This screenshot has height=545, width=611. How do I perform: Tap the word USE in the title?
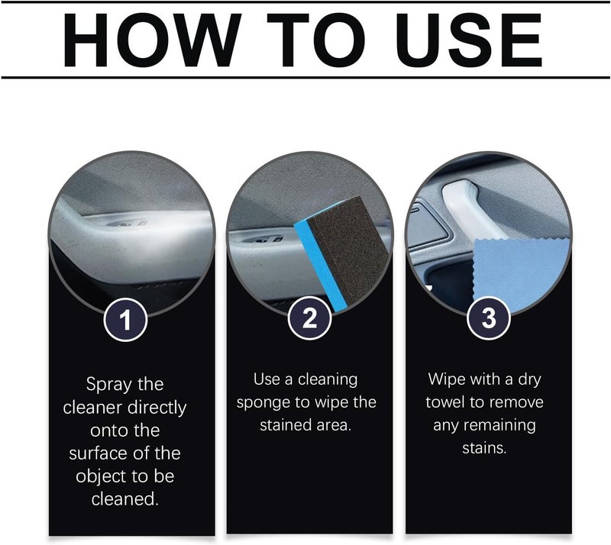(468, 40)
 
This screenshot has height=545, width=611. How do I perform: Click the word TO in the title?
(316, 40)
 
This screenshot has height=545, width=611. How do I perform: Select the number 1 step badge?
(125, 320)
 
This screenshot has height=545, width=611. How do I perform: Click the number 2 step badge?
(309, 318)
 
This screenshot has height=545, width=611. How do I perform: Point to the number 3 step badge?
(489, 318)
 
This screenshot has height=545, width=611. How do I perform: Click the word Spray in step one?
(108, 385)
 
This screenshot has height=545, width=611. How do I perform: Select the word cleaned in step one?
(124, 499)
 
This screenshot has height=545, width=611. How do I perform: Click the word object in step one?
(102, 477)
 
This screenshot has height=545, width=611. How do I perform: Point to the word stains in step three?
(484, 448)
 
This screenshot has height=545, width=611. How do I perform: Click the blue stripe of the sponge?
(319, 265)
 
